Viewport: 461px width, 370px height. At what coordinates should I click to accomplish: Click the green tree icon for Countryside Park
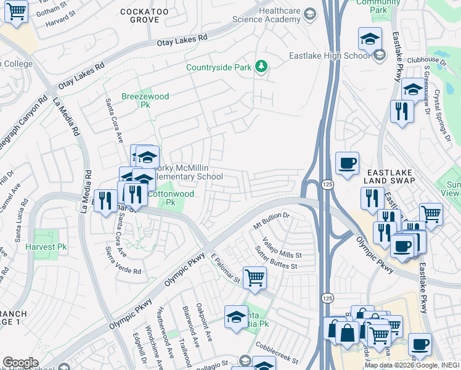(x=261, y=66)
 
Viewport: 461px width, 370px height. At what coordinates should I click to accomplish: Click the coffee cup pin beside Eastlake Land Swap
(x=348, y=163)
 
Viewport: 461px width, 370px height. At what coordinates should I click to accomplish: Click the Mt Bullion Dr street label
(x=271, y=221)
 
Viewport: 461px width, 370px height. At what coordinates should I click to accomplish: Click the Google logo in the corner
(x=20, y=363)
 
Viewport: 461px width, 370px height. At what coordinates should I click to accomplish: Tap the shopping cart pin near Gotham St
(x=16, y=10)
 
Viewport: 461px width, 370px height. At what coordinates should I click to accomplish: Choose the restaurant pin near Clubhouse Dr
(x=402, y=112)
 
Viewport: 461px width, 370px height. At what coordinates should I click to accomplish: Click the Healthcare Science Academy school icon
(x=310, y=14)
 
